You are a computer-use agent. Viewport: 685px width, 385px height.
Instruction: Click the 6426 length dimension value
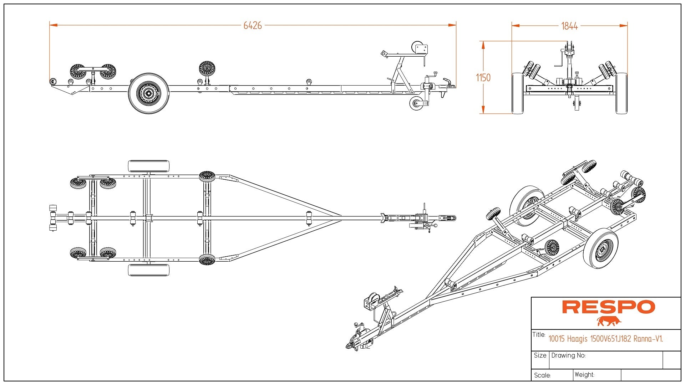click(253, 26)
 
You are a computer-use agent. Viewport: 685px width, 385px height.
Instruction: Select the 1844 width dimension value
click(569, 26)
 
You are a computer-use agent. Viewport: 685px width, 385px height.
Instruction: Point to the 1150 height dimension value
click(483, 78)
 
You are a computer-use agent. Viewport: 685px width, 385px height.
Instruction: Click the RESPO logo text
click(608, 307)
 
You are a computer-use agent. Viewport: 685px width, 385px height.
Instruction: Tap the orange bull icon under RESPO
click(609, 321)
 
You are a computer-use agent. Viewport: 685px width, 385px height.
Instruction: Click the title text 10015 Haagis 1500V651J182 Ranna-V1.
click(605, 339)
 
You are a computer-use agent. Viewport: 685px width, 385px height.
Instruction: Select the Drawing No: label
click(568, 355)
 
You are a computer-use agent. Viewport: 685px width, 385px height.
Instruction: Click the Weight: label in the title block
click(584, 375)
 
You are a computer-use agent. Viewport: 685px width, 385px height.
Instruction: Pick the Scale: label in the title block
click(542, 375)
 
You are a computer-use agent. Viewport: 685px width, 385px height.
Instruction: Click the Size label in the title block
click(540, 355)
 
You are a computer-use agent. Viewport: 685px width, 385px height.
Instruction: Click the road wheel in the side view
click(148, 93)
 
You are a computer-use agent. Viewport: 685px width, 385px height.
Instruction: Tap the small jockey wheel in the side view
click(416, 104)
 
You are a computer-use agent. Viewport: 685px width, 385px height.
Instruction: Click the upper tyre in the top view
click(148, 166)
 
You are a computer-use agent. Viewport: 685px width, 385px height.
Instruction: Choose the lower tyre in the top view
click(148, 270)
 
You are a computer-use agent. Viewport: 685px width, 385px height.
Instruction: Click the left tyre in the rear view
click(517, 93)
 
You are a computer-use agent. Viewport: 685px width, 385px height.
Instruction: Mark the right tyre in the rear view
click(621, 93)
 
